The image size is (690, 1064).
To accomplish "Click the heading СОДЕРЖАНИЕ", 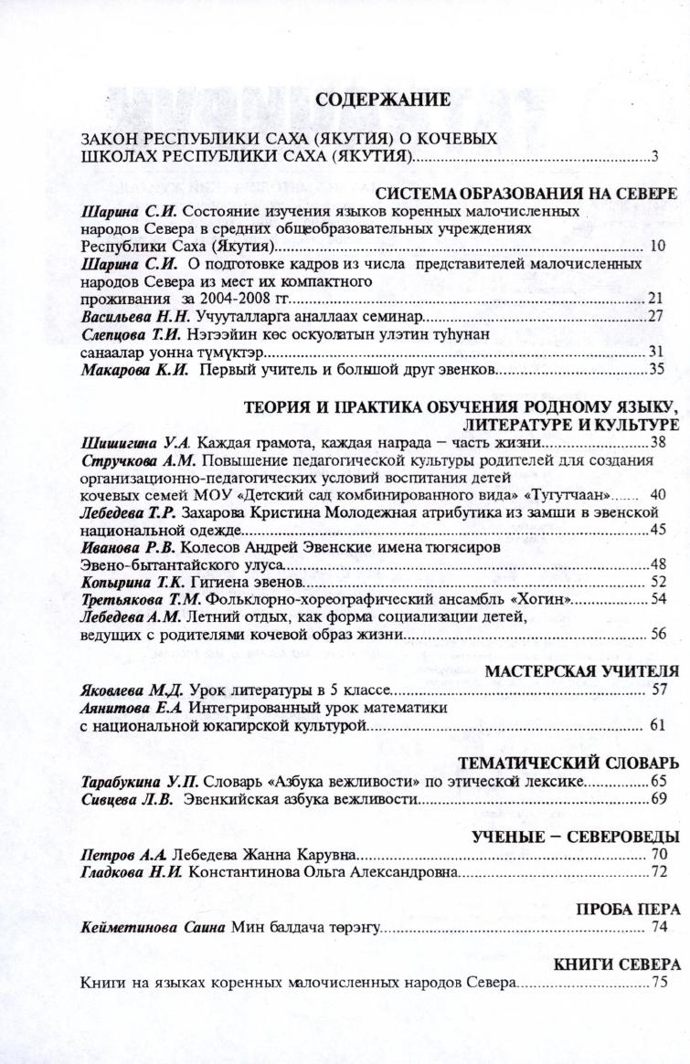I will [383, 100].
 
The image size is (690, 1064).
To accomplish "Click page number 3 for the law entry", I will [654, 156].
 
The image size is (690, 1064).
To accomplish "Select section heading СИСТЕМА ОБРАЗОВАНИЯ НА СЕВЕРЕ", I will [526, 195].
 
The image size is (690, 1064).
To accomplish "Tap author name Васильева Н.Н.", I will [134, 316].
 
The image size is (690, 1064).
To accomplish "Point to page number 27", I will [654, 316].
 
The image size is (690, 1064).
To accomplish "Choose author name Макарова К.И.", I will [134, 369].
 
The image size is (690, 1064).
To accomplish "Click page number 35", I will [655, 369].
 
